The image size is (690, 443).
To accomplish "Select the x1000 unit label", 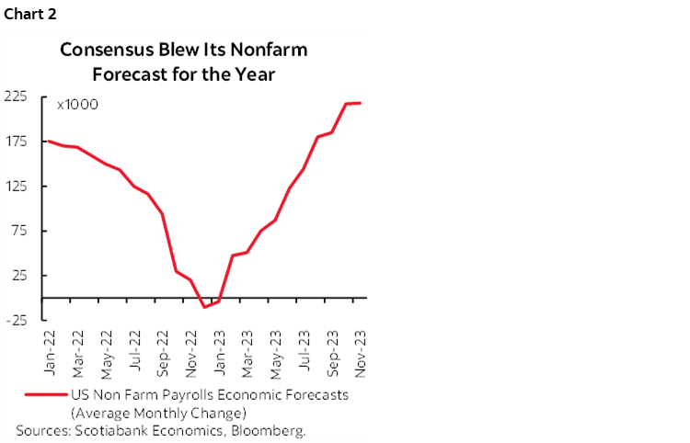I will (x=77, y=105).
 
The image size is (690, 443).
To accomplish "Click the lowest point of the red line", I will (x=204, y=306).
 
